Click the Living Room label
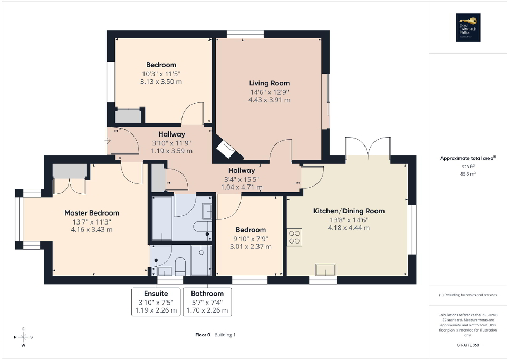click(x=269, y=83)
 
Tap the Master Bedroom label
click(x=92, y=213)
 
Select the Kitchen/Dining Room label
click(x=349, y=211)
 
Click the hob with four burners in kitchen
click(x=295, y=237)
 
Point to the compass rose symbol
click(x=24, y=337)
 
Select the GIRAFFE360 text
click(x=468, y=345)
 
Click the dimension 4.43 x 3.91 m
click(x=269, y=100)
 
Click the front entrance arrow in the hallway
click(x=108, y=141)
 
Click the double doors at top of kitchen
click(x=368, y=147)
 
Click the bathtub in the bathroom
click(x=162, y=218)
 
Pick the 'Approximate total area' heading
click(x=467, y=158)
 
